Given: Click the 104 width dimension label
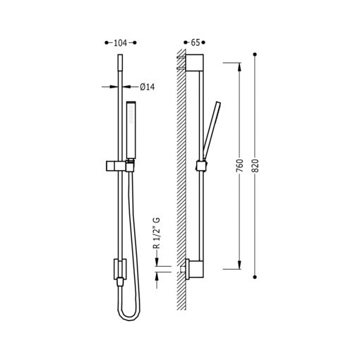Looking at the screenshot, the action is pyautogui.click(x=120, y=43).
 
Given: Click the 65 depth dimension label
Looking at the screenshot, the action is pyautogui.click(x=196, y=42).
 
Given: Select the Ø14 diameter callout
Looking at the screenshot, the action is pyautogui.click(x=148, y=87).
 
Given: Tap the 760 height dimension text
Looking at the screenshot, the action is pyautogui.click(x=239, y=166).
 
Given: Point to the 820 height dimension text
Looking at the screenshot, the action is pyautogui.click(x=255, y=166).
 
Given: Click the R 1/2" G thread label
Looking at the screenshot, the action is pyautogui.click(x=157, y=233).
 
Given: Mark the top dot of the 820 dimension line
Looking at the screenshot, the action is pyautogui.click(x=255, y=54).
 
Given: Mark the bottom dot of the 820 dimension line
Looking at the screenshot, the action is pyautogui.click(x=255, y=277).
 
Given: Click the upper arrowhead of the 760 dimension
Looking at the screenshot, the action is pyautogui.click(x=239, y=67).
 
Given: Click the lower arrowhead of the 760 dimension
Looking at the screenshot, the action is pyautogui.click(x=239, y=265).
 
